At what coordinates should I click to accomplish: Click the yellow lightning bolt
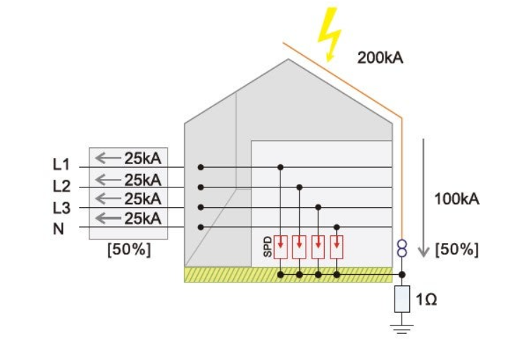tap(329, 35)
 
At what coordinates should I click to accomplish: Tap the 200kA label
tap(380, 58)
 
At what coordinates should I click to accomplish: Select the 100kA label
tap(456, 199)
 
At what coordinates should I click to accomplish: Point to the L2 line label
tap(62, 186)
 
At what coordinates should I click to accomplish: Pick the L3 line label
tap(62, 208)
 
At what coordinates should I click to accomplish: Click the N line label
tap(59, 228)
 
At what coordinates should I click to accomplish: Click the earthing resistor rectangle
tap(402, 299)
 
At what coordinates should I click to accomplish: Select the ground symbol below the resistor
tap(402, 326)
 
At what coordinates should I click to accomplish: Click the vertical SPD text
tap(268, 247)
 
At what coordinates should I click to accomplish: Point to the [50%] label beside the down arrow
tap(457, 249)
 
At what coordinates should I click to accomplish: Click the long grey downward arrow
tap(423, 197)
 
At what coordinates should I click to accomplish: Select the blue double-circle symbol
tap(402, 247)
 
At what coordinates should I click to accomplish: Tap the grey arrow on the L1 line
tap(108, 157)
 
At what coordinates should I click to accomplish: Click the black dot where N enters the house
tap(201, 227)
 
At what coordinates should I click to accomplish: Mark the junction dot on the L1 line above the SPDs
tap(280, 167)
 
